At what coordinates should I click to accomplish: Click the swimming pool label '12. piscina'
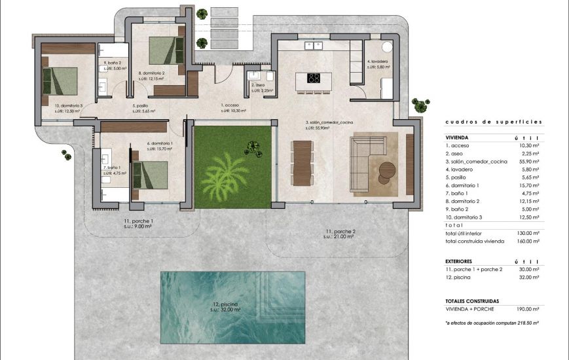[x=225, y=305]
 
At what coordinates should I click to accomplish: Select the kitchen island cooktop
[x=314, y=78]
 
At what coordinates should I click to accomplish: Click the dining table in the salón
[x=301, y=164]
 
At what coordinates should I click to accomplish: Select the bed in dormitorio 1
[x=149, y=175]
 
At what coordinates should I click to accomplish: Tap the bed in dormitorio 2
[x=164, y=50]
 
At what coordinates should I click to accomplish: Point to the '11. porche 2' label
[x=340, y=232]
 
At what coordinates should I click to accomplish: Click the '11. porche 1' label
[x=139, y=221]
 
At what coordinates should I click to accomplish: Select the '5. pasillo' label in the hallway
[x=143, y=105]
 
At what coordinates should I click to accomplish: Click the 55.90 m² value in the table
[x=528, y=162]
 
